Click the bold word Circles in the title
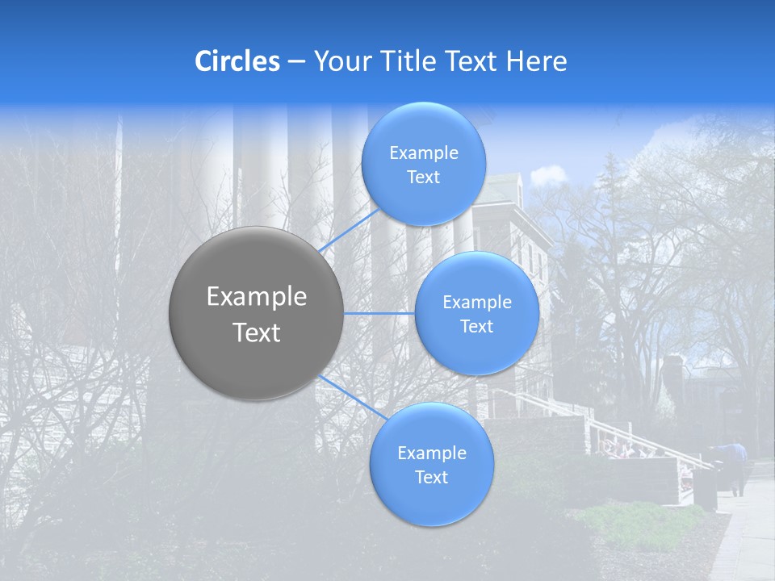click(237, 61)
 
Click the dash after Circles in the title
click(296, 62)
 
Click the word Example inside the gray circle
click(257, 297)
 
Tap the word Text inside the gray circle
click(257, 332)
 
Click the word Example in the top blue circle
click(424, 153)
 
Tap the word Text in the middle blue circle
click(476, 327)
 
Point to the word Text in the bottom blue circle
click(431, 478)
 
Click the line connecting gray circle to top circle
click(349, 231)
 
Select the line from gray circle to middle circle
click(379, 313)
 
